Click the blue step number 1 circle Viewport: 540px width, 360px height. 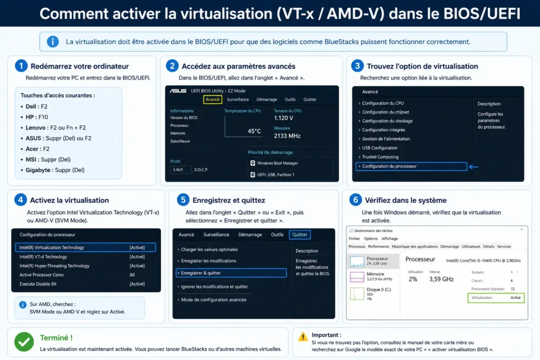21,65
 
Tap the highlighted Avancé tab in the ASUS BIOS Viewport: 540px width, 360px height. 213,100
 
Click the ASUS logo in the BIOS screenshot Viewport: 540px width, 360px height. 178,91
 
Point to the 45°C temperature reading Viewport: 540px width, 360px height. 254,131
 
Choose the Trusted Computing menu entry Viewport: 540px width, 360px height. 380,157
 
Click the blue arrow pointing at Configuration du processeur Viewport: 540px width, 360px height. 474,167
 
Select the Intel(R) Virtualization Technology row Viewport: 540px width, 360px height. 85,247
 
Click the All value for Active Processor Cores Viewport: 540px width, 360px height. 132,275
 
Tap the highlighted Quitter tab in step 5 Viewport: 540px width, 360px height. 300,235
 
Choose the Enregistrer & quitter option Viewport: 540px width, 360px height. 231,273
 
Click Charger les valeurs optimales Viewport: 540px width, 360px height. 209,249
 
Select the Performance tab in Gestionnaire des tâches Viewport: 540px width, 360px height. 378,247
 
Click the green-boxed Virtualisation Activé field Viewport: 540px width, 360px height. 496,298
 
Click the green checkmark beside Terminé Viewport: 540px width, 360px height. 24,342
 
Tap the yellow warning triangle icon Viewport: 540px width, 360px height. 303,337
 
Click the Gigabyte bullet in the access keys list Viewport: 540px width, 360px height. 55,170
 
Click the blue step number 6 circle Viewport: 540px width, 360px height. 355,200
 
